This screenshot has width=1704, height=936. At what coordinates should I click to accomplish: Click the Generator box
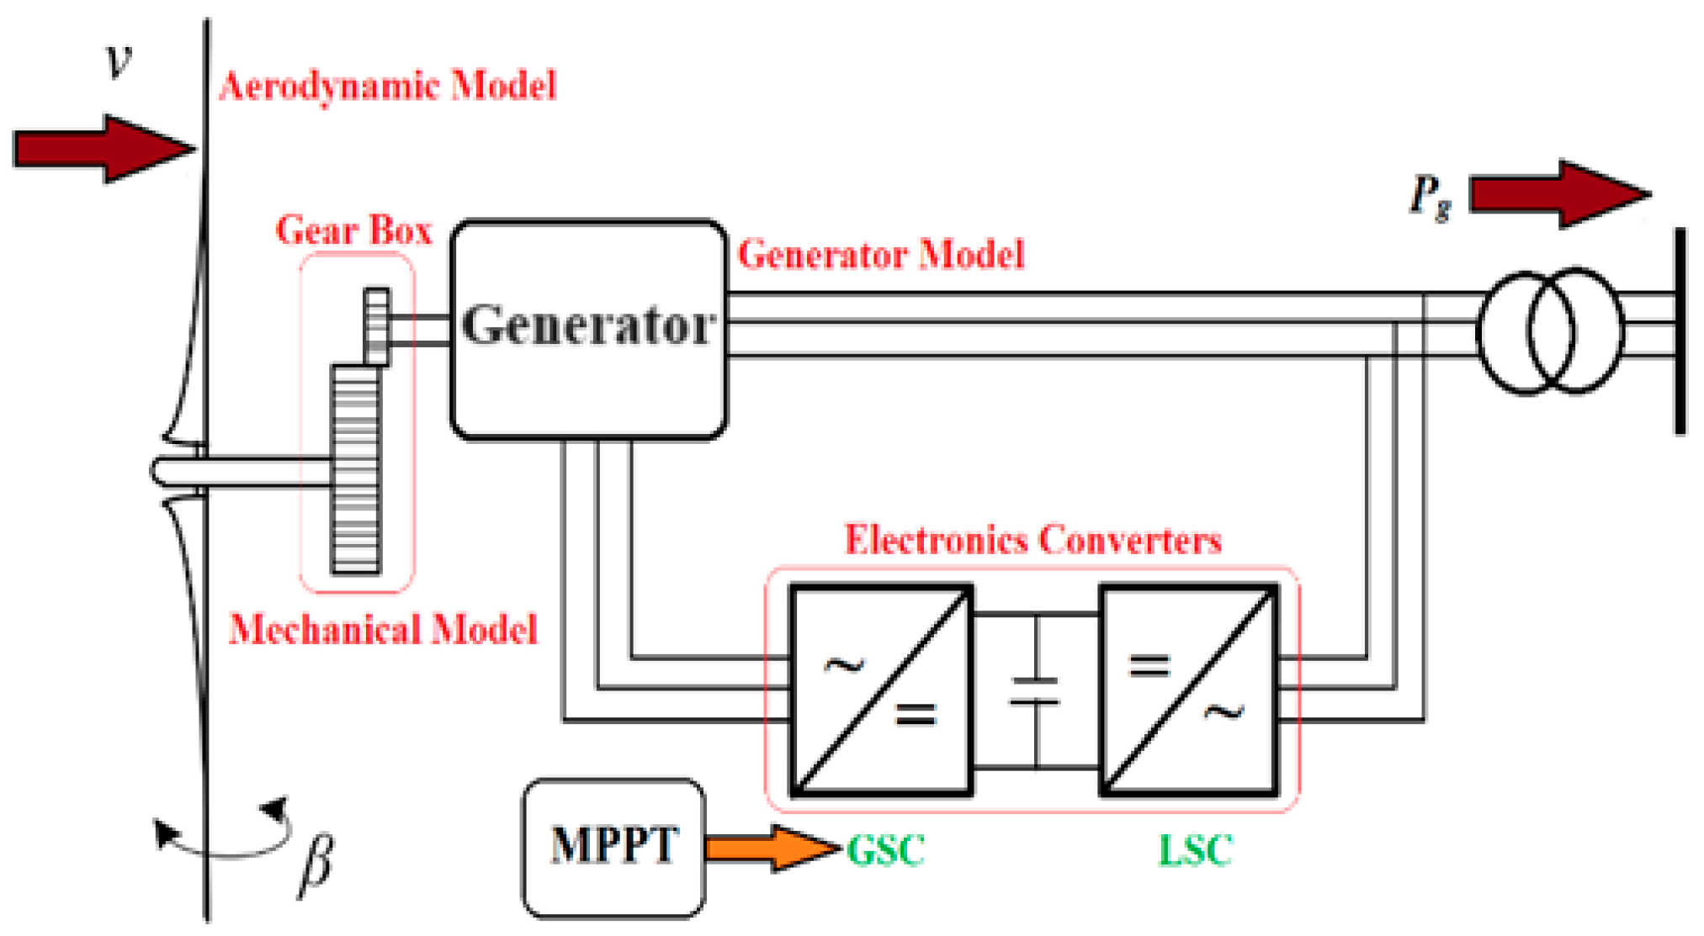[x=588, y=329]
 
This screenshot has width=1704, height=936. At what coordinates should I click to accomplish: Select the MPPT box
[x=613, y=847]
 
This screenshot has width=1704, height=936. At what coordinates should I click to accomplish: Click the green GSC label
[x=885, y=850]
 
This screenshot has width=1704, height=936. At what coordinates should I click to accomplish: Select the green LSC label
[x=1195, y=850]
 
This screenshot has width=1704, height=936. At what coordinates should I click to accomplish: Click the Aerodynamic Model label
[x=388, y=86]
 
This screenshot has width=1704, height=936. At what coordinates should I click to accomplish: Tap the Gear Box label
[x=353, y=230]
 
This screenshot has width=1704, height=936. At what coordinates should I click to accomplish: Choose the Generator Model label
[x=881, y=254]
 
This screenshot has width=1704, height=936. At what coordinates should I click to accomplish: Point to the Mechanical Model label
[x=383, y=629]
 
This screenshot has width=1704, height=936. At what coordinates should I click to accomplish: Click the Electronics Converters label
[x=1032, y=540]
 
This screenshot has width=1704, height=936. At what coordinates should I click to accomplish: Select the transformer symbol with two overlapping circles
[x=1550, y=331]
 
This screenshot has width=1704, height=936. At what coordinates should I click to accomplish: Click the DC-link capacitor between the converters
[x=1035, y=690]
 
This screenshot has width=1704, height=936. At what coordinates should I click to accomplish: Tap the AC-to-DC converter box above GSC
[x=880, y=690]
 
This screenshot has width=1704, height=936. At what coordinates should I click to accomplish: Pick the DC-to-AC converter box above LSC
[x=1188, y=690]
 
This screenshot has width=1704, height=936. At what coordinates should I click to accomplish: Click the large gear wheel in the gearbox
[x=356, y=469]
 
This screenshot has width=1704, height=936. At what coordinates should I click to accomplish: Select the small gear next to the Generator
[x=376, y=327]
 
